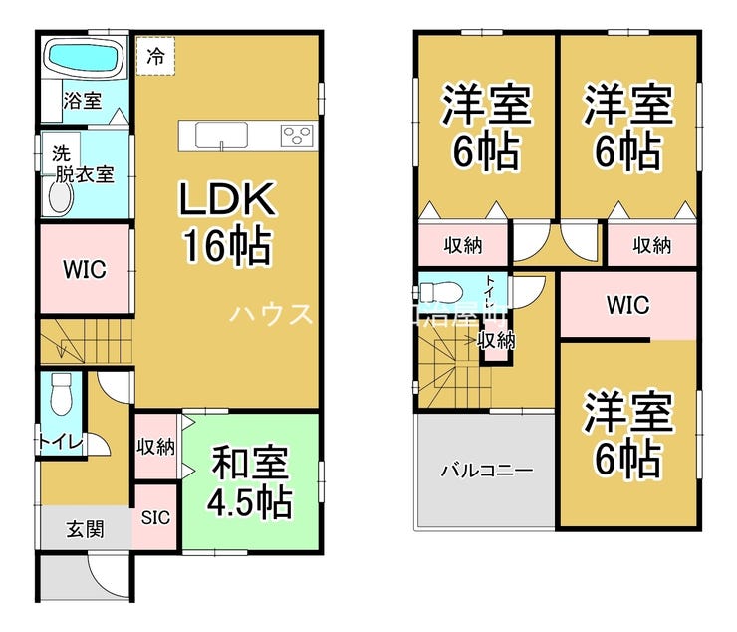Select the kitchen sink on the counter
[x=215, y=135]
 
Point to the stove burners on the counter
[x=297, y=135]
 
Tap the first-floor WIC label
[x=84, y=269]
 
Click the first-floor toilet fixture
[x=61, y=394]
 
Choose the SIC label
[x=155, y=517]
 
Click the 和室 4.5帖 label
[x=250, y=482]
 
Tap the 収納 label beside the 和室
[x=155, y=446]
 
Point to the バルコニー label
[x=486, y=470]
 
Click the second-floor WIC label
[x=628, y=305]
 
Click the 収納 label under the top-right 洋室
[x=651, y=245]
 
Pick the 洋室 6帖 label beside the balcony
[x=627, y=434]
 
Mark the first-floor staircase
[x=84, y=345]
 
